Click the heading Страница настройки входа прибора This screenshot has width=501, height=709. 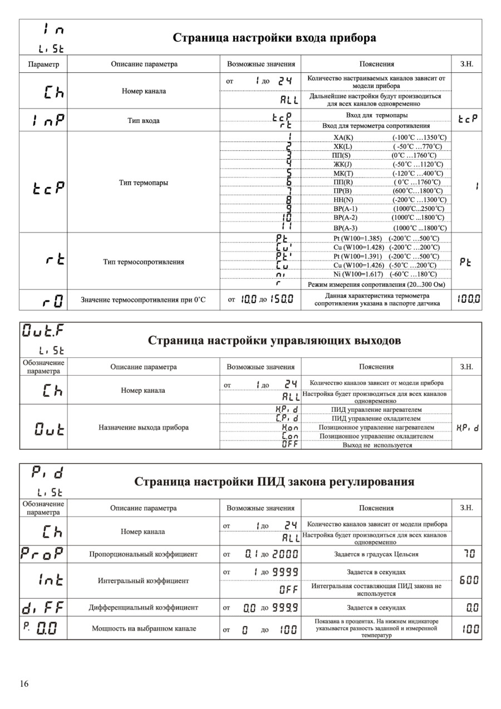point(274,38)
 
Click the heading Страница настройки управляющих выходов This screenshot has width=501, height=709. point(274,341)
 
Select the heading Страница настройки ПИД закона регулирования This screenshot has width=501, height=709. point(274,481)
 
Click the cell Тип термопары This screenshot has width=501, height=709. point(144,183)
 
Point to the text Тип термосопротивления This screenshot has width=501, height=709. point(144,262)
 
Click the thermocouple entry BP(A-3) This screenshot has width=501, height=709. point(345,228)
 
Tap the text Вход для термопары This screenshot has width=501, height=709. point(376,115)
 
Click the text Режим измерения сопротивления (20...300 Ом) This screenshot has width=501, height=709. point(376,284)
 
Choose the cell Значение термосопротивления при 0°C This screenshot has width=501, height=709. point(144,300)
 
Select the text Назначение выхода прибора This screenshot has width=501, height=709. point(144,427)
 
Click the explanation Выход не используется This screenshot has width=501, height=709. point(376,445)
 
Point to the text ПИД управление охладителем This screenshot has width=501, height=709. point(376,418)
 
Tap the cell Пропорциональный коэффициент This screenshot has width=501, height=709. point(144,554)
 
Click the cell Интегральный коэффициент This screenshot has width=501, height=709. point(144,580)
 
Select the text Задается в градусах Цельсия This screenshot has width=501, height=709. point(376,554)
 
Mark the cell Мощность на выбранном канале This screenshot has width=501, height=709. point(144,629)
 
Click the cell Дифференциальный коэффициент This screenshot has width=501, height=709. point(144,607)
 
